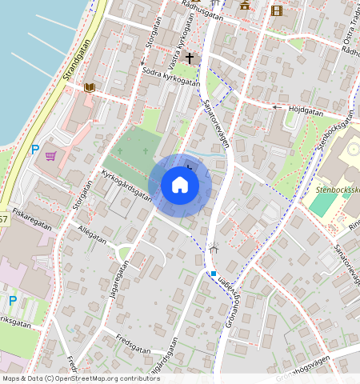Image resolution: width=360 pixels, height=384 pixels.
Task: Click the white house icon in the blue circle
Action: [180, 186]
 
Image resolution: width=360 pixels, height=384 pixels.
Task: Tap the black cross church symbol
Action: [190, 58]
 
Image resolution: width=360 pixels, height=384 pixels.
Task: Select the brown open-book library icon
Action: [90, 87]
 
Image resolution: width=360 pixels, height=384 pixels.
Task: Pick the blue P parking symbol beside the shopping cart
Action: [34, 150]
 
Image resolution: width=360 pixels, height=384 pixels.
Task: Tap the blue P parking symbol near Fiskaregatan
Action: [12, 300]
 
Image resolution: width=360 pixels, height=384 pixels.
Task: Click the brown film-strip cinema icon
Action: [276, 10]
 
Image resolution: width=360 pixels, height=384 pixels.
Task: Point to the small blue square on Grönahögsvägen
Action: [214, 274]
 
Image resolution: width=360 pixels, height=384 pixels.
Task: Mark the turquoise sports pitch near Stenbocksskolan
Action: [322, 202]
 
